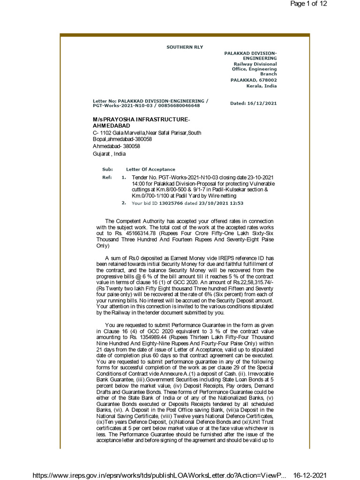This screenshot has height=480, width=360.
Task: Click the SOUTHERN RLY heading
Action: point(185,47)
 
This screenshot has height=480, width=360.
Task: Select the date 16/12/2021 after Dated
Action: point(263,103)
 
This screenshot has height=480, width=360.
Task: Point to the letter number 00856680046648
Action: point(180,106)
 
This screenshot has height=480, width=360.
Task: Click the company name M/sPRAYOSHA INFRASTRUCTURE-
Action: point(141,120)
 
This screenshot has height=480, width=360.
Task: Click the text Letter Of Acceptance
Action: point(150,169)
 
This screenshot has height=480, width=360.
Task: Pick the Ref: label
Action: point(106,178)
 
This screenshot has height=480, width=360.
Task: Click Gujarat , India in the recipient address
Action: point(109,154)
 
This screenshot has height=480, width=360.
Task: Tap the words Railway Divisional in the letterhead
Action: point(255,64)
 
